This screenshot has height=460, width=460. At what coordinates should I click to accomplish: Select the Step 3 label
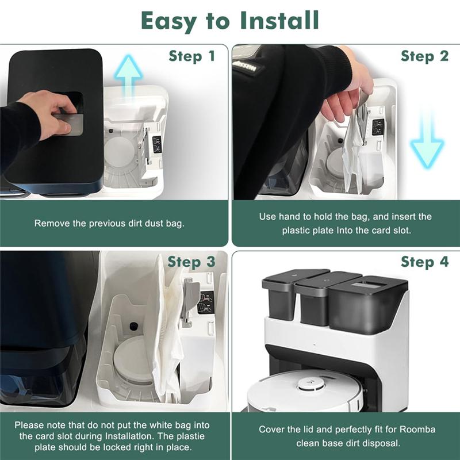coord(191,262)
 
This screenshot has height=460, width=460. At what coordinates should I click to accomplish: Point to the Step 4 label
coord(424,262)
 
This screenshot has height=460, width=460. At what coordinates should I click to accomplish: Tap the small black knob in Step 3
coord(133,326)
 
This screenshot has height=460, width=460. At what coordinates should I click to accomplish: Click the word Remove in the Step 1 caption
coord(51,223)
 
